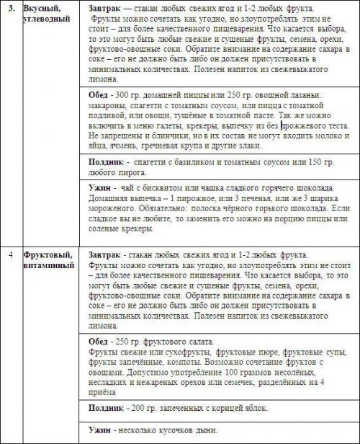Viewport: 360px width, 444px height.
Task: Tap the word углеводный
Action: [x=47, y=19]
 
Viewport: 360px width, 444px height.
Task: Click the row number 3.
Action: [x=9, y=8]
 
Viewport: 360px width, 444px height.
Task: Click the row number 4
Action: [x=9, y=255]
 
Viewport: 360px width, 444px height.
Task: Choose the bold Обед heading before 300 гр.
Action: [x=93, y=96]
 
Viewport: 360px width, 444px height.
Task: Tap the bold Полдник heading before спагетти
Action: [x=101, y=162]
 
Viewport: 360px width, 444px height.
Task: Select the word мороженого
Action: [x=106, y=210]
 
